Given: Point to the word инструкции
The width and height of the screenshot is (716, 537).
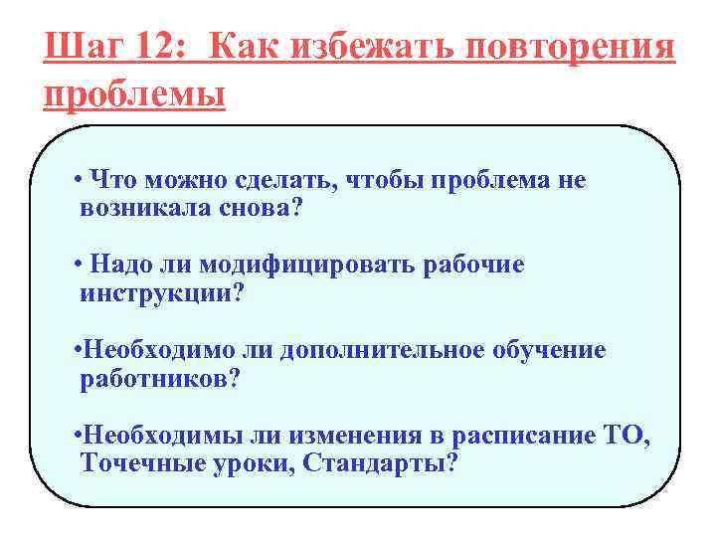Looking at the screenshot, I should coord(156,295).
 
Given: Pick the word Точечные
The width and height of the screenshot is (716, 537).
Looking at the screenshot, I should coord(136,464).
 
